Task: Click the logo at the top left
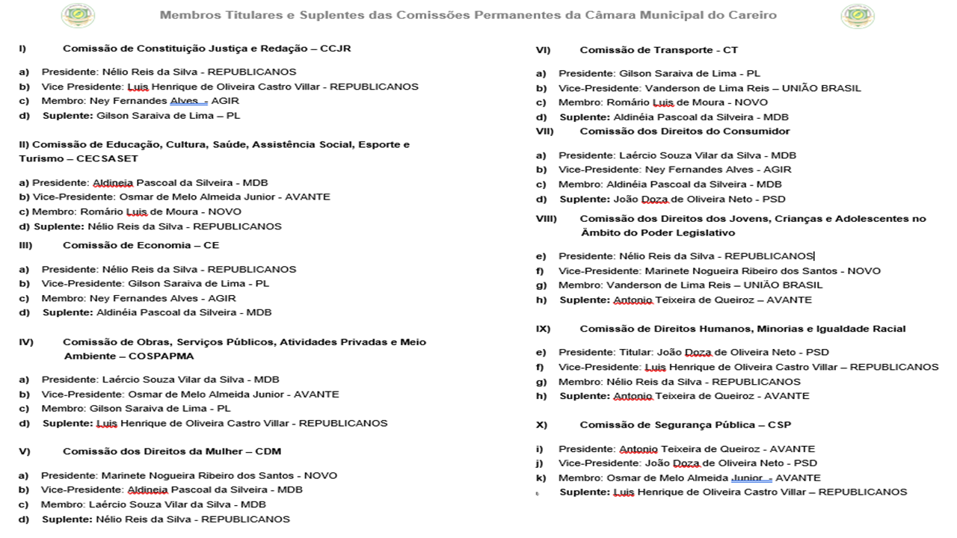click(x=78, y=16)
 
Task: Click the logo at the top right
click(x=857, y=16)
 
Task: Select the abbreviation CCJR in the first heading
click(x=335, y=49)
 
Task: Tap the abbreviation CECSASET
click(x=107, y=158)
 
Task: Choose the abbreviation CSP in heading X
click(x=778, y=424)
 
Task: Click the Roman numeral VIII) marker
click(x=547, y=219)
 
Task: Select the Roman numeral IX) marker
click(x=544, y=329)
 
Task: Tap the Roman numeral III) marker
click(x=25, y=245)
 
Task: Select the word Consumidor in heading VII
click(x=757, y=132)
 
